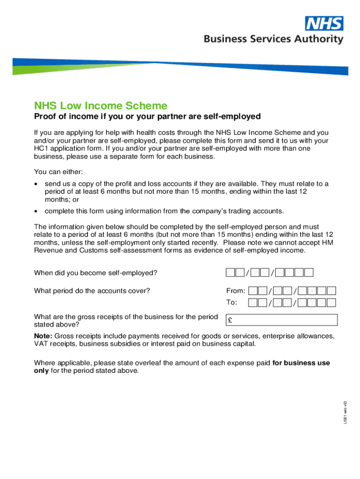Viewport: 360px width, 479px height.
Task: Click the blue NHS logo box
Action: (x=324, y=23)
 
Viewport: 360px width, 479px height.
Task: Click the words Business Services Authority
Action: (x=273, y=39)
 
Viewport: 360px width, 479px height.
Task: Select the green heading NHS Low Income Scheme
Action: (x=101, y=106)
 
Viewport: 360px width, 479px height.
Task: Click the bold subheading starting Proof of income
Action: (x=147, y=116)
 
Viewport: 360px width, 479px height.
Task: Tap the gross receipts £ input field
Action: (x=281, y=320)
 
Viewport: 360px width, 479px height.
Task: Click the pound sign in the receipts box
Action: (x=230, y=320)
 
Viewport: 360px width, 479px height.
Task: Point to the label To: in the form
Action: (x=232, y=302)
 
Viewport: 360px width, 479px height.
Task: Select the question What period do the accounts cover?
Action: (x=92, y=290)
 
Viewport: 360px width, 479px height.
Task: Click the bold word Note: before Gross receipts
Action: (x=44, y=336)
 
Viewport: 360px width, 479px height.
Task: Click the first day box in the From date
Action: (x=252, y=291)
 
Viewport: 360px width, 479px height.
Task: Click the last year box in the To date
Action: (x=332, y=303)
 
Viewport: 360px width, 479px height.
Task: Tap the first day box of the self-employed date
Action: (x=230, y=273)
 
